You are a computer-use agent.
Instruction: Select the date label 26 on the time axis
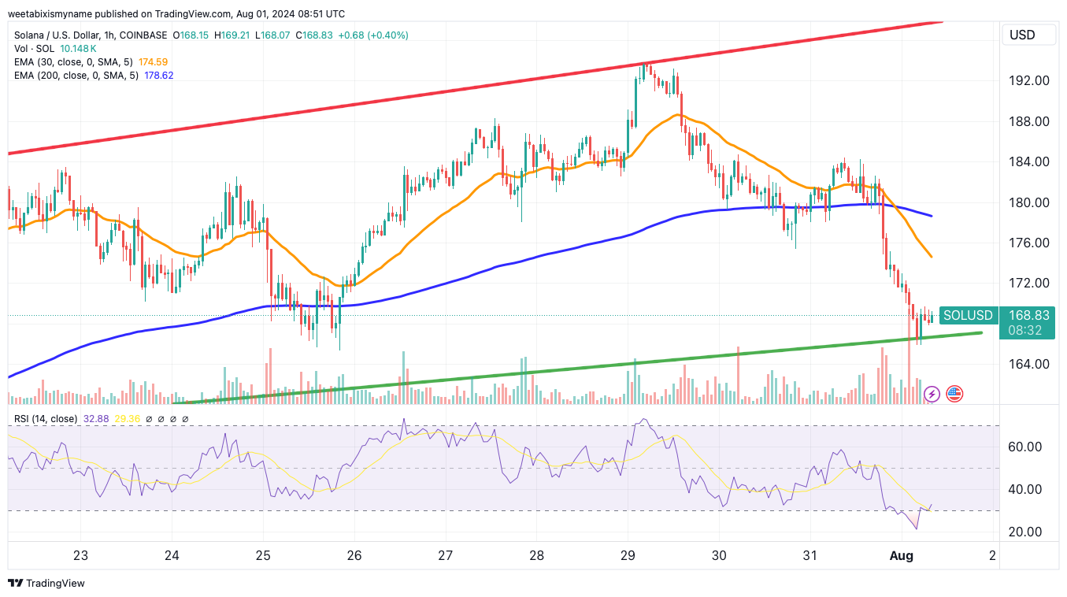[354, 555]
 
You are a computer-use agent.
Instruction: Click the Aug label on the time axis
[901, 555]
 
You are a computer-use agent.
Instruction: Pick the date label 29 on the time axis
[628, 555]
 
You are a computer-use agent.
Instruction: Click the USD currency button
[1022, 35]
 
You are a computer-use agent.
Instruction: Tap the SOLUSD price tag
[968, 315]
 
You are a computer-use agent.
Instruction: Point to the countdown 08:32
[1027, 331]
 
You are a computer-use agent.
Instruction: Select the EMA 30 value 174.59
[153, 61]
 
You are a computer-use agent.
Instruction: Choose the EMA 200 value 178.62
[158, 75]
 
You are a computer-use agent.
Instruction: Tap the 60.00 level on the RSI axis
[1024, 447]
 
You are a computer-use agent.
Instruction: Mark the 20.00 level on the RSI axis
[1024, 532]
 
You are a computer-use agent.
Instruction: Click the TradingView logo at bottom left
[46, 584]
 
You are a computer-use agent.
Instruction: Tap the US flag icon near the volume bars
[954, 393]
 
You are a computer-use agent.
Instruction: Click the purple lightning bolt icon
[932, 393]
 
